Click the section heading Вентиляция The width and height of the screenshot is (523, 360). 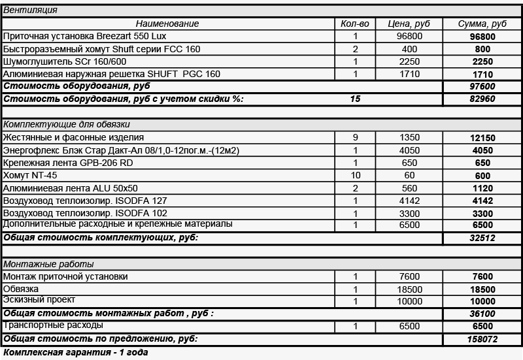tap(30, 10)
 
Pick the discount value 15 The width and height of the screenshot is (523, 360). tap(355, 99)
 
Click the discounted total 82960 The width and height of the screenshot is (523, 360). tap(482, 99)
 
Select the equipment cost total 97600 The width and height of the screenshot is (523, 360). tap(482, 86)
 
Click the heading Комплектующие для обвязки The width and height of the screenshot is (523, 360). tap(67, 124)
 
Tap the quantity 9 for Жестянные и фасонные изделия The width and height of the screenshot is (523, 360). tap(355, 137)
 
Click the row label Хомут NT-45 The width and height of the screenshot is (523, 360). tap(27, 175)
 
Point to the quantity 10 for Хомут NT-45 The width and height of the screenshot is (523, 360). tap(355, 175)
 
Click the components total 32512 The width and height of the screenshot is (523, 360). tap(482, 238)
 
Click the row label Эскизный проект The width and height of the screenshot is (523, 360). tap(39, 300)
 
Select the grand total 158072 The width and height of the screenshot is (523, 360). tap(482, 340)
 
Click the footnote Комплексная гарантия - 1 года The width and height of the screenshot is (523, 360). tap(75, 353)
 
